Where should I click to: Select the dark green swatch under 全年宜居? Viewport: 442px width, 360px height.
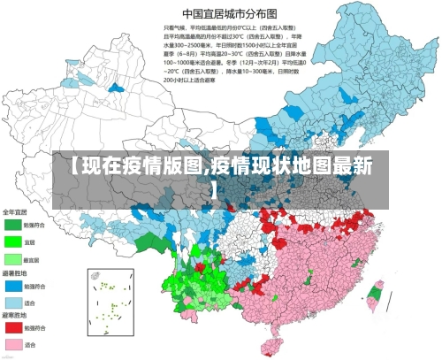[x=13, y=225]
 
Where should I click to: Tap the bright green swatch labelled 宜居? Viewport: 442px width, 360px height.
[x=13, y=241]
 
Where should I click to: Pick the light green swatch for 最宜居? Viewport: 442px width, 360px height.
[x=13, y=259]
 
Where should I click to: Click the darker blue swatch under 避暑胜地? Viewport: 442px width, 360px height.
[x=13, y=286]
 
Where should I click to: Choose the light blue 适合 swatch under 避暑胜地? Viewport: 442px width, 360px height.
[x=13, y=303]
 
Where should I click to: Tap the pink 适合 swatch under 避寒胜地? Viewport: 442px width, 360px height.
[x=13, y=344]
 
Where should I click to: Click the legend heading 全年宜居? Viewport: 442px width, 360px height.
[x=15, y=212]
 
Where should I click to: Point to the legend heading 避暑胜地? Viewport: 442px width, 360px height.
[x=15, y=273]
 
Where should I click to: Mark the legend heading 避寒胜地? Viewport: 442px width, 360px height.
[x=15, y=316]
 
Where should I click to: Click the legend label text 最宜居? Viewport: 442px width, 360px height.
[x=32, y=259]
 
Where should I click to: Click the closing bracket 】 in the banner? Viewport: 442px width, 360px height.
[x=215, y=188]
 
